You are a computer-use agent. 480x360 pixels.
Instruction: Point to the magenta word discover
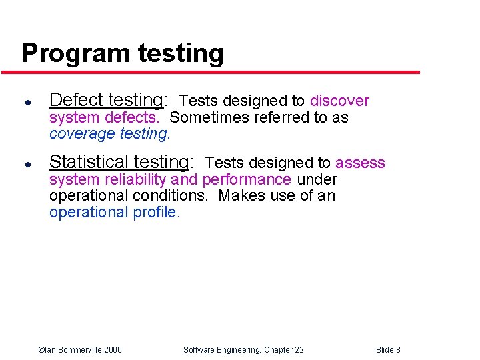(339, 101)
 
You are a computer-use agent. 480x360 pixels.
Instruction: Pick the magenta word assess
(360, 163)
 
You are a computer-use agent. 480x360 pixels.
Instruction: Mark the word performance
(246, 179)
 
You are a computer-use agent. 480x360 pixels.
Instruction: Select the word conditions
(170, 195)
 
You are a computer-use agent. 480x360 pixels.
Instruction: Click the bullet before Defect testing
(25, 102)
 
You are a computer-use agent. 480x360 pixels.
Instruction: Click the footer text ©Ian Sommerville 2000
(80, 349)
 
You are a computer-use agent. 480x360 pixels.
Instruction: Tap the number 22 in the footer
(298, 349)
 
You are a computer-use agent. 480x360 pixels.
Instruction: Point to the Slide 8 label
(388, 349)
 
